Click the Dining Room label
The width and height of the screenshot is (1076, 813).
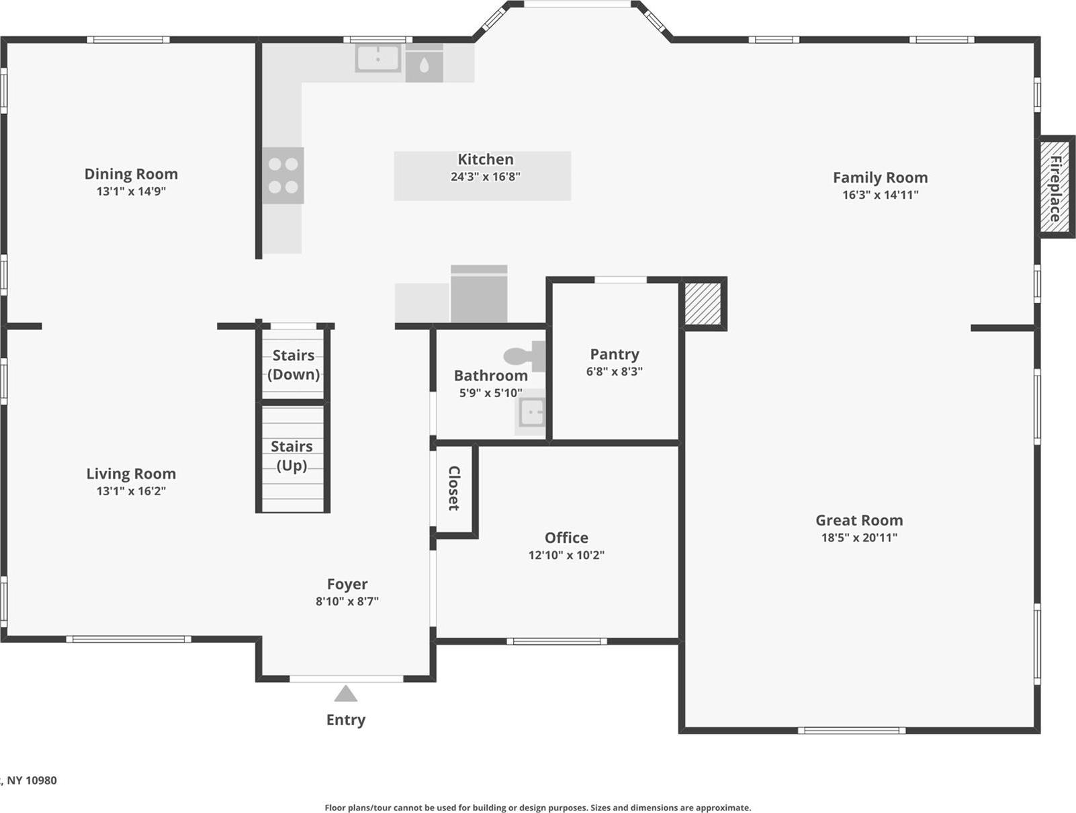[x=131, y=174]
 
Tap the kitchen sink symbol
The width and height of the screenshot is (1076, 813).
[x=377, y=58]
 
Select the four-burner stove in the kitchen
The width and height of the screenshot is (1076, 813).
[x=283, y=175]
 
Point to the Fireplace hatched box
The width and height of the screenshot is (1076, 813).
[x=1055, y=187]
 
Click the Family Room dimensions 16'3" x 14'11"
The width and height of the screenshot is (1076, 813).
[x=880, y=195]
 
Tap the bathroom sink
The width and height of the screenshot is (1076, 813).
[x=531, y=413]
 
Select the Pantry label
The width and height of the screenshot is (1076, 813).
[x=614, y=354]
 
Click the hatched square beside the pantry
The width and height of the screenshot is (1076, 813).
[x=703, y=304]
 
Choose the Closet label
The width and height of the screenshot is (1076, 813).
[x=454, y=488]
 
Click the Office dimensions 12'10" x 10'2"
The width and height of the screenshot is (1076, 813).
[x=566, y=555]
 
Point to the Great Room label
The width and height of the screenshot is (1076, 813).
[x=858, y=520]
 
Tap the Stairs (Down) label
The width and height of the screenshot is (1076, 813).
[x=293, y=365]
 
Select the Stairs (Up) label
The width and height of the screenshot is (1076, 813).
[x=292, y=456]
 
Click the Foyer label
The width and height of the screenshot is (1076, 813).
[x=347, y=584]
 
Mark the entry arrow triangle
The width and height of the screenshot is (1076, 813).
[x=345, y=694]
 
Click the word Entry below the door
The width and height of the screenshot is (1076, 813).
[x=345, y=720]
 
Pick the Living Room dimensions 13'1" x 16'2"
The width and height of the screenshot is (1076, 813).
[x=131, y=491]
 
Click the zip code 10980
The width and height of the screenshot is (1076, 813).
[x=42, y=780]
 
